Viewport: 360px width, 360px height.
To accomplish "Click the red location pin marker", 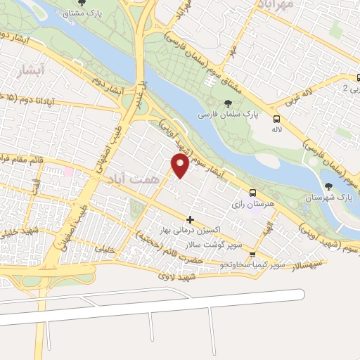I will coord(180,165).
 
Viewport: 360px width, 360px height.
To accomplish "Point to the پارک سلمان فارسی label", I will coord(229,112).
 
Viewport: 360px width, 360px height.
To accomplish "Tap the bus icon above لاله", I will coord(276,119).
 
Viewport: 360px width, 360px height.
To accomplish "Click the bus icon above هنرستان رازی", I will coord(252,192).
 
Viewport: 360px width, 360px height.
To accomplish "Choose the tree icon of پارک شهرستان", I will coord(328,186).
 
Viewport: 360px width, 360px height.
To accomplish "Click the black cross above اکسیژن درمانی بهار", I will coord(190,220).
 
